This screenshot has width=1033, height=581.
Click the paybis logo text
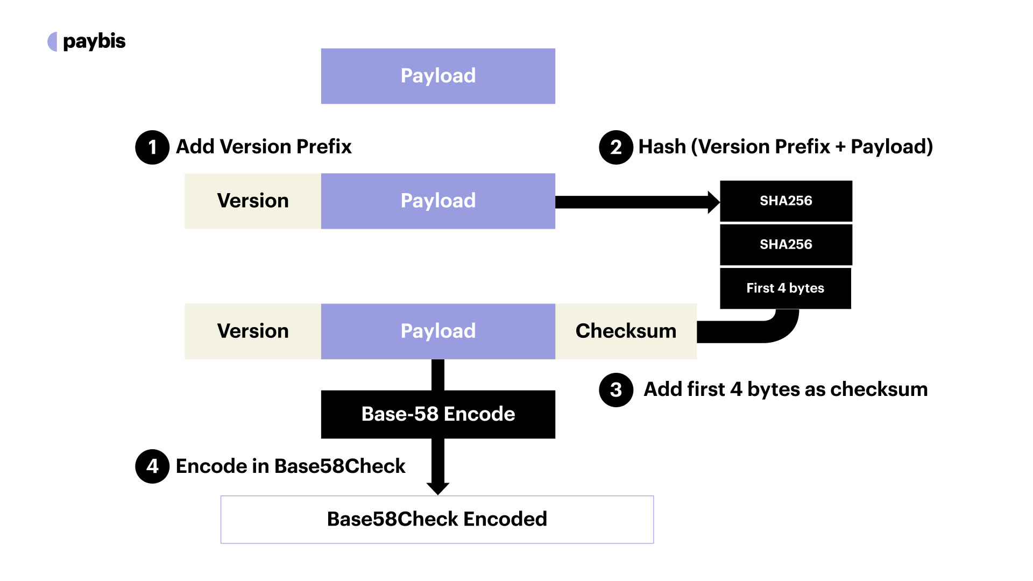coord(94,41)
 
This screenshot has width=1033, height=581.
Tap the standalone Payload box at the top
coord(438,76)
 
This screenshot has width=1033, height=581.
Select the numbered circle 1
coord(152,147)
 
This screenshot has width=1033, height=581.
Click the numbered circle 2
coord(616,147)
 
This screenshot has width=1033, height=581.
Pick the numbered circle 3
coord(616,389)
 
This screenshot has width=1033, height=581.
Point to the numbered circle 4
coord(152,466)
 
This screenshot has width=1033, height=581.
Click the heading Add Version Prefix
coord(264,147)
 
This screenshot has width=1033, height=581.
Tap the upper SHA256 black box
coord(786,201)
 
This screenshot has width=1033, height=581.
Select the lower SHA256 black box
coord(786,244)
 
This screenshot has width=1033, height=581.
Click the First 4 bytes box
coord(786,288)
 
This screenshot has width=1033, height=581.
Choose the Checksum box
coord(626,331)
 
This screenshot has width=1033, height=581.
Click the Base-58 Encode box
coord(438,414)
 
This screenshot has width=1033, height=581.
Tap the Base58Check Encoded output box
coord(437,519)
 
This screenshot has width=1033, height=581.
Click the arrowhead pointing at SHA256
coord(713,202)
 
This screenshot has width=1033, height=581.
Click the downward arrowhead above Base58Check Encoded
coord(438,487)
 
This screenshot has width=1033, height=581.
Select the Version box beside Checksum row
coord(253,331)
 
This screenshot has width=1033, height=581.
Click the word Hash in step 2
coord(662,147)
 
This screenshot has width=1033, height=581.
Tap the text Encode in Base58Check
coord(291,466)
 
